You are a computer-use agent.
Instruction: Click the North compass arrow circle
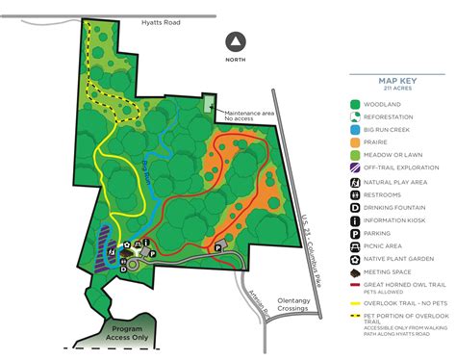235,41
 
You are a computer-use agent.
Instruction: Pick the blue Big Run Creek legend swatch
355,126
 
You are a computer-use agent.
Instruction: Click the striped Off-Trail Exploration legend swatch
355,167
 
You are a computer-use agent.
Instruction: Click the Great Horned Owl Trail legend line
355,286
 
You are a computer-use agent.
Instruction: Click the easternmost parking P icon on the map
218,248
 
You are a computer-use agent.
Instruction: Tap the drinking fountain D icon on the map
123,270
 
